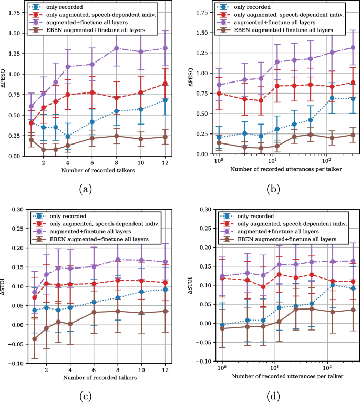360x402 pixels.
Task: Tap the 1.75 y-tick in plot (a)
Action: [x=16, y=13]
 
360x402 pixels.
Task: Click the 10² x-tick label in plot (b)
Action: [x=326, y=162]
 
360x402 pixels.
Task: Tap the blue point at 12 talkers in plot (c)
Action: [x=166, y=290]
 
